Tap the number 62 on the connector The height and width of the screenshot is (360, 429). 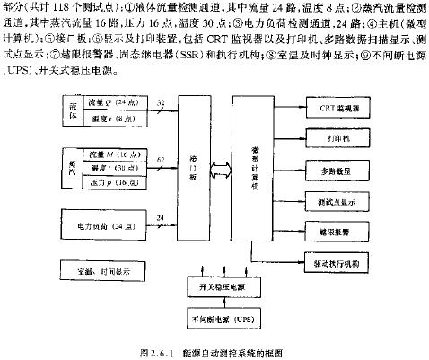tap(160, 158)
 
